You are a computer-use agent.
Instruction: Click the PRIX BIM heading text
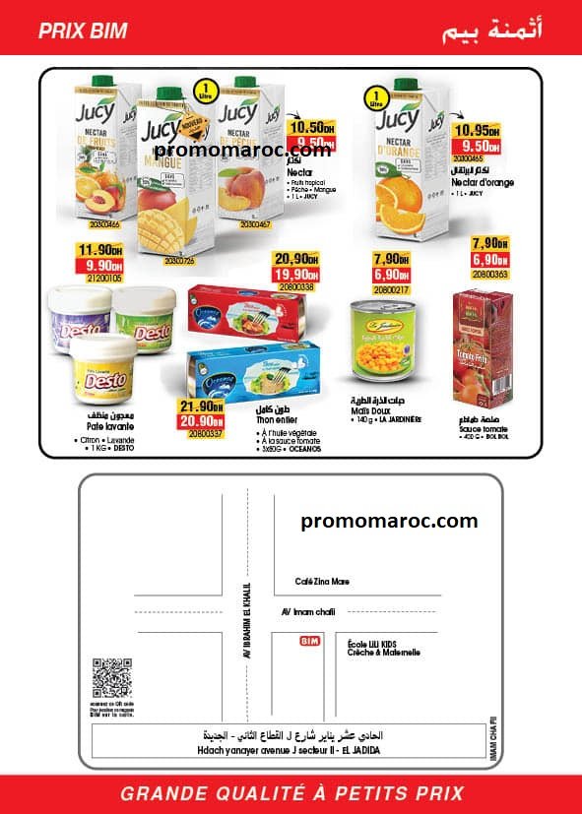point(83,31)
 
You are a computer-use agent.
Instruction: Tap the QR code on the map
point(111,677)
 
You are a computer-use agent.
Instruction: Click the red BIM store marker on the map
point(310,641)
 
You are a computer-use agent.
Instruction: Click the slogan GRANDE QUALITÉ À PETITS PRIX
point(291,793)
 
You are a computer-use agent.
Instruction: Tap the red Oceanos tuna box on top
point(245,310)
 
